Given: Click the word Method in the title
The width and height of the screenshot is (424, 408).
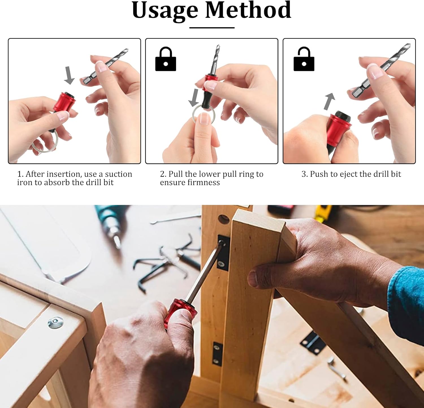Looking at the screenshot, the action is point(248,10).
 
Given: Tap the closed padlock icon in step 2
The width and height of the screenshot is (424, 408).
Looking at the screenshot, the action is point(166,59).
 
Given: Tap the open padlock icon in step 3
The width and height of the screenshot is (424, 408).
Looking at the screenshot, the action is point(304,59).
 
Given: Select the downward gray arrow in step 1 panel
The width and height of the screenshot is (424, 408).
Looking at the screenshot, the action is point(69,75).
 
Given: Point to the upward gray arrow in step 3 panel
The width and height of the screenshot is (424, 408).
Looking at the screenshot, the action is point(329,101).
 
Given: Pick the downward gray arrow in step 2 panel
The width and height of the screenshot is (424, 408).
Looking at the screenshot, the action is point(194,97).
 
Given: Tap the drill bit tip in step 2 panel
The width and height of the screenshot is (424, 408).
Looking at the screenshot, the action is point(218,45).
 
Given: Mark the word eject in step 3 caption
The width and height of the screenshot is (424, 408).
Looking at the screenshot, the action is point(349,174).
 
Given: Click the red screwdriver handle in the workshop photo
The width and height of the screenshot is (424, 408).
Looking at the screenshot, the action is point(181,313).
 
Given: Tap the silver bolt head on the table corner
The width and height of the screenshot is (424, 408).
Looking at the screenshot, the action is point(55,323).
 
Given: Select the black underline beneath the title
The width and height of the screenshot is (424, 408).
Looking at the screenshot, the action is point(212,28).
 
